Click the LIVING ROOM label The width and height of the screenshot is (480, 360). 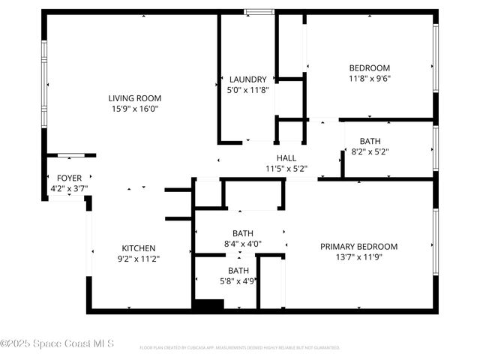click(x=134, y=98)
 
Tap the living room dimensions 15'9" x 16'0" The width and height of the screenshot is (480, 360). click(x=134, y=109)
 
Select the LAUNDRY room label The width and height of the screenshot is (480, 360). click(x=247, y=79)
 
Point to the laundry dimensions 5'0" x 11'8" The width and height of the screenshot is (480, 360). click(x=247, y=90)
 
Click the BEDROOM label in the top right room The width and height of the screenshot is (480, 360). click(x=369, y=67)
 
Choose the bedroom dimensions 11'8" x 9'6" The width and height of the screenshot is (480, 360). click(x=369, y=78)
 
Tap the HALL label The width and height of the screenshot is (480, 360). click(x=286, y=158)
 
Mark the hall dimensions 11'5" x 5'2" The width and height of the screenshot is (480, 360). click(x=286, y=169)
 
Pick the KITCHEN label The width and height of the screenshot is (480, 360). click(x=139, y=248)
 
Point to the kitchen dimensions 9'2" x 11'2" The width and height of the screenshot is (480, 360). click(x=139, y=259)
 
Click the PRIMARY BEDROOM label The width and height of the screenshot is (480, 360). click(x=358, y=247)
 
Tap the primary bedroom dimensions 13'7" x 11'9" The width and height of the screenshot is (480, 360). click(x=358, y=257)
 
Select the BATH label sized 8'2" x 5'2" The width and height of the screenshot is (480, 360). click(x=370, y=141)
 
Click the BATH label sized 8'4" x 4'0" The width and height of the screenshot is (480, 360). click(x=242, y=233)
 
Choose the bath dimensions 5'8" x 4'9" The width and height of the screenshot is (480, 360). click(x=238, y=282)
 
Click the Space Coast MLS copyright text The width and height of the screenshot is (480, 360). click(x=57, y=343)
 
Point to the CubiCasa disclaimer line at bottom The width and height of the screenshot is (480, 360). click(x=239, y=348)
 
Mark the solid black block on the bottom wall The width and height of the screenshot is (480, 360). click(x=208, y=304)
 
